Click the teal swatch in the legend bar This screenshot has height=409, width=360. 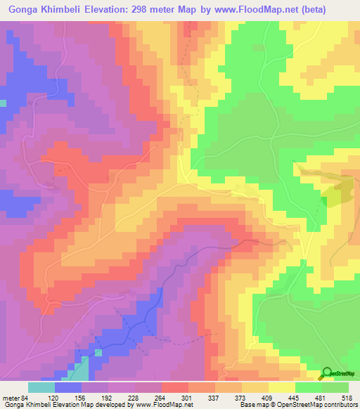(x=41, y=387)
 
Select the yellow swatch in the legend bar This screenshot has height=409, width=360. (x=281, y=387)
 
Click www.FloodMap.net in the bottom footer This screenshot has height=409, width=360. (x=160, y=404)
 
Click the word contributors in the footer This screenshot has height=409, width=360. (x=340, y=404)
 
